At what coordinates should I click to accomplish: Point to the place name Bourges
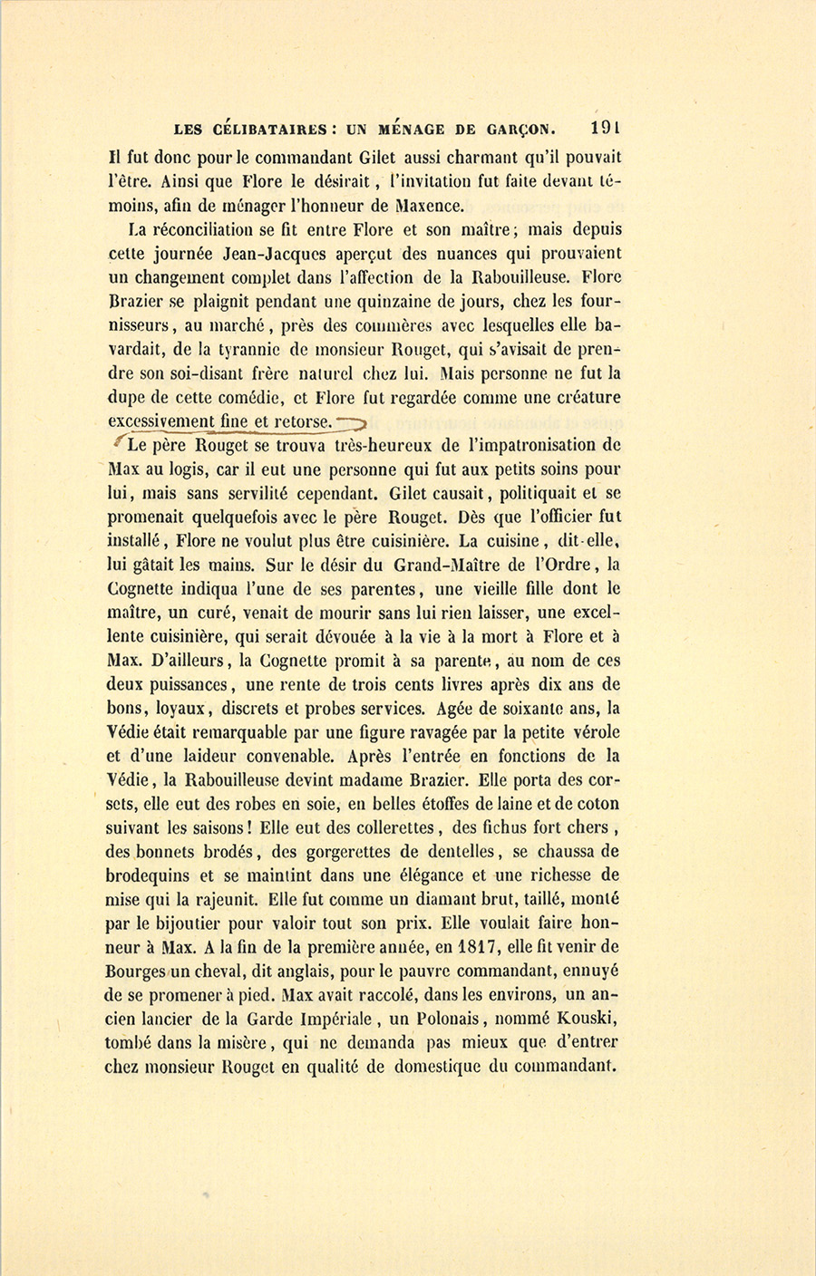(x=134, y=971)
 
